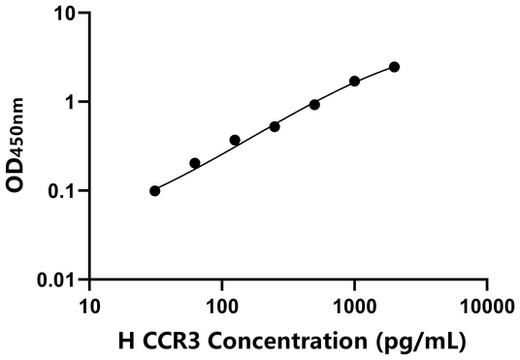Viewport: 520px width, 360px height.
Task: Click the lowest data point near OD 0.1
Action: (155, 190)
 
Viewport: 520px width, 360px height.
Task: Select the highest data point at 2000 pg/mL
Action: (395, 67)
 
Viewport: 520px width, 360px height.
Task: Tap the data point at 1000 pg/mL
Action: (355, 81)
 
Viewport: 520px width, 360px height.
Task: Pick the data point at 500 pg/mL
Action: (314, 104)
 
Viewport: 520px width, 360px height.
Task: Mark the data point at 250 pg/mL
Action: (275, 126)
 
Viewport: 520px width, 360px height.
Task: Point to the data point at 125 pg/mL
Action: (235, 140)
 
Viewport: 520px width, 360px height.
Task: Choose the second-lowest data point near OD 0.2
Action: (195, 163)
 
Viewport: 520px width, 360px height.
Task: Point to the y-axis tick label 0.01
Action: (59, 280)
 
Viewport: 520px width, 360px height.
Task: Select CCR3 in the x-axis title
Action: (164, 340)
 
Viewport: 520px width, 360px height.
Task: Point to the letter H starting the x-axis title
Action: (124, 340)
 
